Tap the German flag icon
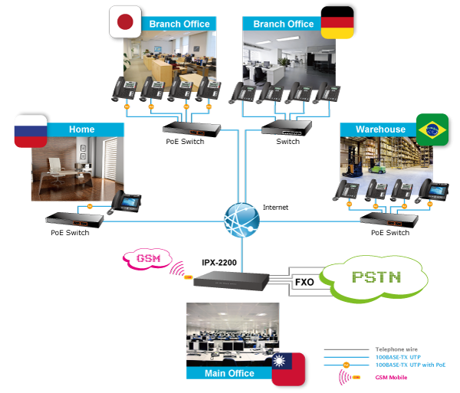pyautogui.click(x=334, y=23)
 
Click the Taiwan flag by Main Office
pyautogui.click(x=291, y=367)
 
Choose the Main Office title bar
pyautogui.click(x=230, y=373)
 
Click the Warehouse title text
pyautogui.click(x=376, y=129)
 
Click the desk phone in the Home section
pyautogui.click(x=124, y=201)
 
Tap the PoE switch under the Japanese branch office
pyautogui.click(x=192, y=128)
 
